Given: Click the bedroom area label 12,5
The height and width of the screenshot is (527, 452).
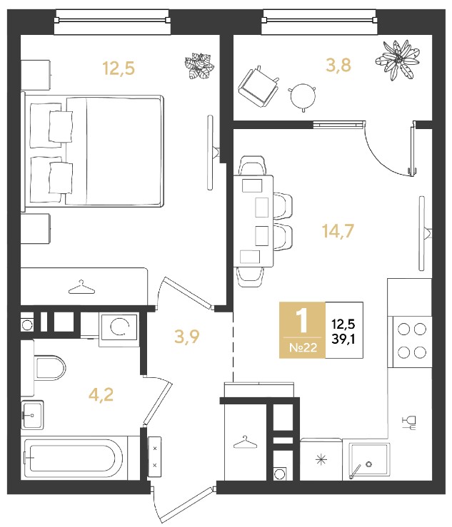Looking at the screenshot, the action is click(119, 68).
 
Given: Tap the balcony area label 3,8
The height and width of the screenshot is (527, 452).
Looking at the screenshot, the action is click(338, 65).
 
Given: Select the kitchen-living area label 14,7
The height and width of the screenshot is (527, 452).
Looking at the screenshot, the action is click(338, 231).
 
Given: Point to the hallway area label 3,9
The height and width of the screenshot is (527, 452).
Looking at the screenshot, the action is click(187, 337).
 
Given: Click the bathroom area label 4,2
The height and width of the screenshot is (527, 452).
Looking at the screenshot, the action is click(101, 394).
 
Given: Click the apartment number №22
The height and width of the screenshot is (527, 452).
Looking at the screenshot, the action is click(303, 347).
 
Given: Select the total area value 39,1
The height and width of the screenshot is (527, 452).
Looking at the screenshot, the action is click(343, 339).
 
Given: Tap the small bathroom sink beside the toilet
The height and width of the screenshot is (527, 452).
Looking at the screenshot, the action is click(32, 415).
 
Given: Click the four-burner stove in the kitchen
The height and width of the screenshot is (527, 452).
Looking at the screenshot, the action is click(410, 342).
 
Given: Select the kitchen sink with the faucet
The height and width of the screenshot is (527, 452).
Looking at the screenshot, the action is click(369, 461).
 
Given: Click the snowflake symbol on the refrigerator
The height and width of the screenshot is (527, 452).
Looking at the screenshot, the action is click(321, 459).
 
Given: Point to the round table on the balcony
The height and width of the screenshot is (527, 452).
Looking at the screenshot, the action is click(303, 97).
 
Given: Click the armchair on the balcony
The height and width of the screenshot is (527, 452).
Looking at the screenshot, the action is click(258, 86).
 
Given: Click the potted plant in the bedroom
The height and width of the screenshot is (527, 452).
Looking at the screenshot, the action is click(199, 66).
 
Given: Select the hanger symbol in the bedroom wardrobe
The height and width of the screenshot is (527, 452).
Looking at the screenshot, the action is click(81, 287).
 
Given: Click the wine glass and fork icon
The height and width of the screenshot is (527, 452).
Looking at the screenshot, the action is click(409, 423).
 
